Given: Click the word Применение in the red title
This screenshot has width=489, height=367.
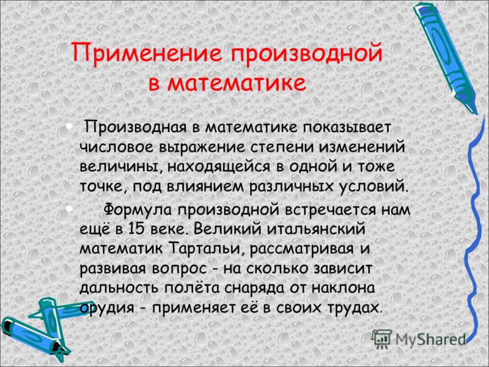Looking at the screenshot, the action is click(146, 54).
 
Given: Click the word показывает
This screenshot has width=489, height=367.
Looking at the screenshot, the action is click(346, 128).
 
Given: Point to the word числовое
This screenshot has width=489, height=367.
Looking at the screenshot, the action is click(117, 147).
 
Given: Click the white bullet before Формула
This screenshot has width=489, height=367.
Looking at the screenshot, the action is click(70, 208).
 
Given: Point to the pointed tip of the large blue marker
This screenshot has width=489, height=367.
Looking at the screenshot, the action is click(476, 113).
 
